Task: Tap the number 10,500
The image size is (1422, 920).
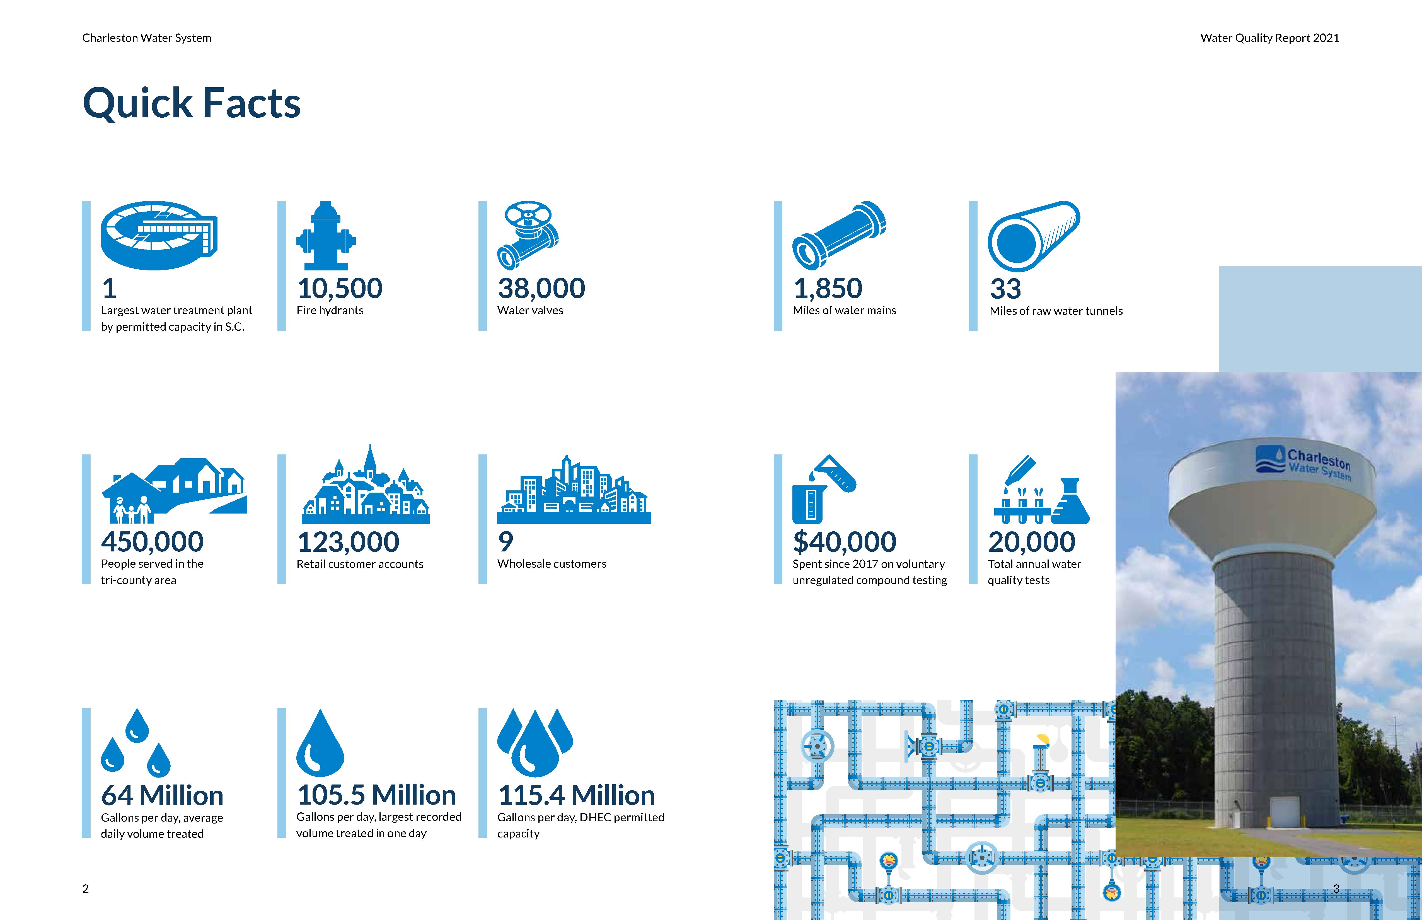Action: click(x=339, y=289)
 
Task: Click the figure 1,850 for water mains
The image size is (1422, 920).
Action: click(x=828, y=289)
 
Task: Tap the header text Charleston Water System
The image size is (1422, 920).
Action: click(x=146, y=38)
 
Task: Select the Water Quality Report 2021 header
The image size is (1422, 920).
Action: click(x=1270, y=38)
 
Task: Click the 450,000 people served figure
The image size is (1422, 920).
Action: click(x=152, y=542)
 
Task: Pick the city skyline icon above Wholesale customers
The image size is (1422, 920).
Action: click(x=574, y=490)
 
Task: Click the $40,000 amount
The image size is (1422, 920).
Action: click(x=844, y=542)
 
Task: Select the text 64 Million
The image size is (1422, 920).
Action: click(x=162, y=796)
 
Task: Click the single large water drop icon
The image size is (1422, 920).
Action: click(x=320, y=743)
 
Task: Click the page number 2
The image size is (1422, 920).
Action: click(x=85, y=888)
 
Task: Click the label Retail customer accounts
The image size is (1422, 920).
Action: click(x=360, y=564)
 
